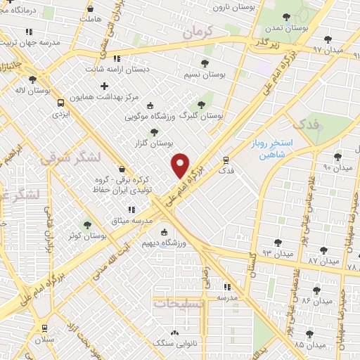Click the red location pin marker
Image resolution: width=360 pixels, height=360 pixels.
click(181, 165)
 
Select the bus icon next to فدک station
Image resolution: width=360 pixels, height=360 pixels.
click(226, 160)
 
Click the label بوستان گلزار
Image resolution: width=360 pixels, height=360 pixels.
click(153, 143)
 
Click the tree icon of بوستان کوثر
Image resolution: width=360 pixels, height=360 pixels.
click(87, 225)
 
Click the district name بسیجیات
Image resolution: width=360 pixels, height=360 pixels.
click(177, 304)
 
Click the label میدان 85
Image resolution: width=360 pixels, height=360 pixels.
click(309, 345)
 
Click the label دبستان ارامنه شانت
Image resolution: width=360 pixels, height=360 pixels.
click(116, 69)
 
